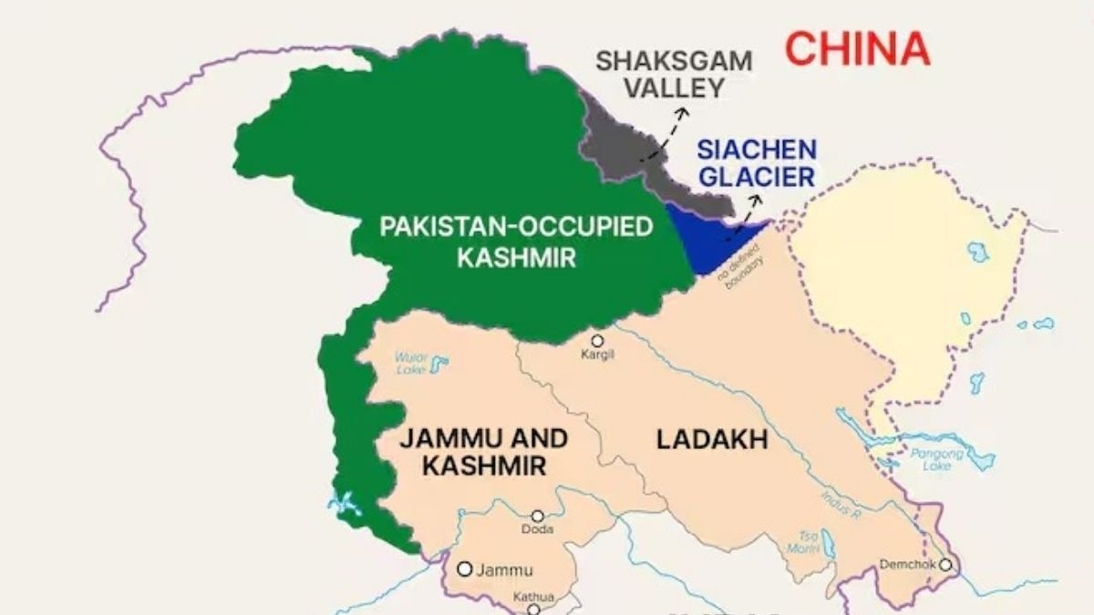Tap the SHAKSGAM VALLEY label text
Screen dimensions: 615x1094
click(674, 75)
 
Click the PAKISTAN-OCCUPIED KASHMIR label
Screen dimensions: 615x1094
click(517, 241)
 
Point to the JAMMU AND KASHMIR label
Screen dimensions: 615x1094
click(484, 452)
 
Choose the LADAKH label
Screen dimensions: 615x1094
click(712, 440)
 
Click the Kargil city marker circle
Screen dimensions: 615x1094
click(597, 341)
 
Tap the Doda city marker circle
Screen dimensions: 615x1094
click(538, 516)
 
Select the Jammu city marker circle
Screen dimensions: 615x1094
click(464, 569)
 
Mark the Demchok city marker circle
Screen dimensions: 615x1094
click(945, 565)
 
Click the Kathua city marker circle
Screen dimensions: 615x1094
click(533, 610)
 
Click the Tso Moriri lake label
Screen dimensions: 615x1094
click(802, 542)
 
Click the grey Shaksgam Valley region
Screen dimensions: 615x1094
click(629, 150)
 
